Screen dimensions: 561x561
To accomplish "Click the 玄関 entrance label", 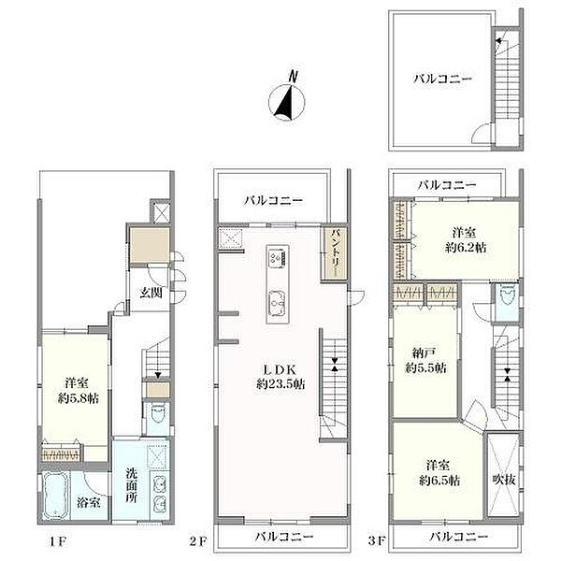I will pyautogui.click(x=152, y=293).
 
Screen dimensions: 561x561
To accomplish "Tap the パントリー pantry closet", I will pyautogui.click(x=335, y=252).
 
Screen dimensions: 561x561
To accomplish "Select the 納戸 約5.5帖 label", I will pyautogui.click(x=424, y=361).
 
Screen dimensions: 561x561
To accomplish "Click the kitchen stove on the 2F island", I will pyautogui.click(x=278, y=255).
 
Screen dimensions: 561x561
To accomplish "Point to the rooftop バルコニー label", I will pyautogui.click(x=441, y=79).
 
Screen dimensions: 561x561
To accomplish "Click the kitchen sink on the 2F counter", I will pyautogui.click(x=278, y=301).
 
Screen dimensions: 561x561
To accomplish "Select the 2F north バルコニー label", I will pyautogui.click(x=275, y=199).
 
